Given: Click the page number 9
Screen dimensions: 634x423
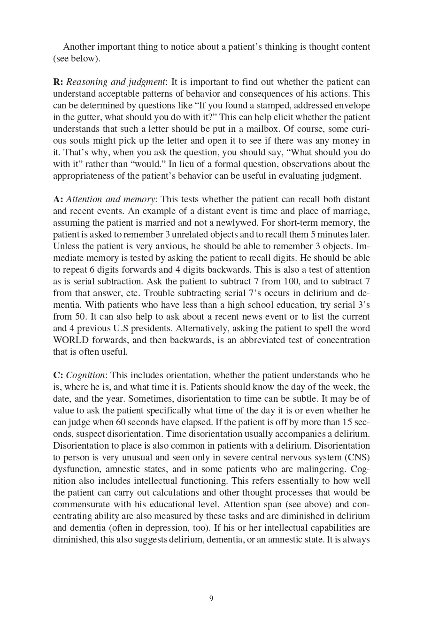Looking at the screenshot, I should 211,598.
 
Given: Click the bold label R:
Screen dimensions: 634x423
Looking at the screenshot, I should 58,82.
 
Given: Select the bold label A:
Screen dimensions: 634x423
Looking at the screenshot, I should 58,199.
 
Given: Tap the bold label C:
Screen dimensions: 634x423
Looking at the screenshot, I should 58,375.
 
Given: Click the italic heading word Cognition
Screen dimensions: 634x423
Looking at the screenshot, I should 85,375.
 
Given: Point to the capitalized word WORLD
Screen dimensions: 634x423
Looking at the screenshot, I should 68,340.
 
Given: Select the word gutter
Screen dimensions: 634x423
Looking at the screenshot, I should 87,117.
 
